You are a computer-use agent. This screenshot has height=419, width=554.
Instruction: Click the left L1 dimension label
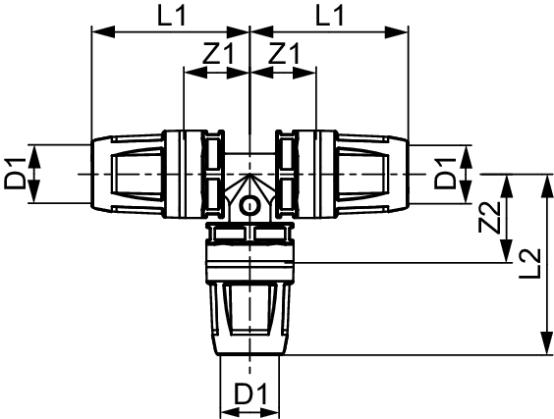pos(171,16)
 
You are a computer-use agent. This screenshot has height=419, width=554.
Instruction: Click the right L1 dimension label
pos(329,16)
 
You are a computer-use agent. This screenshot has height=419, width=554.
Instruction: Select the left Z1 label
pos(219,54)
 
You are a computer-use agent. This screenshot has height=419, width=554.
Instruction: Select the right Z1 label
pos(284,54)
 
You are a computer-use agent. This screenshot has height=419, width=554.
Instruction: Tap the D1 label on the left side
pos(15,174)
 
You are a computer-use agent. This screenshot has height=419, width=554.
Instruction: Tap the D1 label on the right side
pos(445,174)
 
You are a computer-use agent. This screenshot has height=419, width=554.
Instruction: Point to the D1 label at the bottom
pos(250,393)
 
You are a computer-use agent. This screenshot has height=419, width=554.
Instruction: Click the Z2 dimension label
pos(490,218)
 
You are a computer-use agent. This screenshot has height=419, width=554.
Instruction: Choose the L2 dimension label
pos(530,263)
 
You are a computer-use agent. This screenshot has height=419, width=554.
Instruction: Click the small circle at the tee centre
pos(249,207)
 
